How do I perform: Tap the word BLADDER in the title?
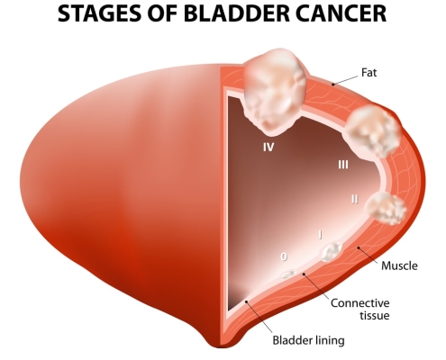pyautogui.click(x=232, y=13)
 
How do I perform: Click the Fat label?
pyautogui.click(x=369, y=72)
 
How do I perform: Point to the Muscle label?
pyautogui.click(x=399, y=265)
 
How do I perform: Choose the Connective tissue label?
pyautogui.click(x=360, y=310)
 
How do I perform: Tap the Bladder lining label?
pyautogui.click(x=308, y=340)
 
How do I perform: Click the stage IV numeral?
pyautogui.click(x=269, y=147)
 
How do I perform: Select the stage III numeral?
pyautogui.click(x=343, y=165)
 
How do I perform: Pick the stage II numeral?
pyautogui.click(x=355, y=199)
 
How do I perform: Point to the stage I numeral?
pyautogui.click(x=321, y=235)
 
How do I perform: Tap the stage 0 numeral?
pyautogui.click(x=284, y=256)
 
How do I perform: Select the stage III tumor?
pyautogui.click(x=372, y=132)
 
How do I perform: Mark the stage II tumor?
pyautogui.click(x=386, y=209)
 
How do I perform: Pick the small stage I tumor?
pyautogui.click(x=332, y=251)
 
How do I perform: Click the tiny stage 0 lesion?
pyautogui.click(x=288, y=274)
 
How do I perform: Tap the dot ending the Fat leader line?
pyautogui.click(x=332, y=85)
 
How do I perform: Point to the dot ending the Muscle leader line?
pyautogui.click(x=358, y=247)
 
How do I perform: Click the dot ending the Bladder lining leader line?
pyautogui.click(x=246, y=301)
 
